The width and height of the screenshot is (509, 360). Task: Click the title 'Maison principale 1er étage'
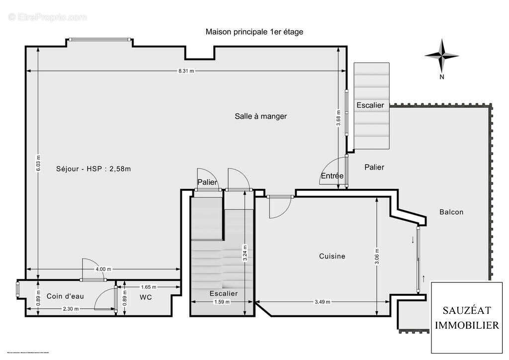[254, 31]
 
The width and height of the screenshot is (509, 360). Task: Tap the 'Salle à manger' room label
[260, 116]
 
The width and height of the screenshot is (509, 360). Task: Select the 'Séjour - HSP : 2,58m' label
[93, 169]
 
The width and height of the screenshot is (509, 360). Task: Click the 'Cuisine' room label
[332, 256]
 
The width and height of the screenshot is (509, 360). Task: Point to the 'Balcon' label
[451, 212]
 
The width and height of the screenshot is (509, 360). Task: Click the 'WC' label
[146, 297]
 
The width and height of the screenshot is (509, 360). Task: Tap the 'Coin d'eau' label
[65, 296]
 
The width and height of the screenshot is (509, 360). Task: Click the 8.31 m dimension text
[186, 71]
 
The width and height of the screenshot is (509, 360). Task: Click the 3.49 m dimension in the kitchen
[322, 302]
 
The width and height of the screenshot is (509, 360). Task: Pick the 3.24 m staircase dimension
[245, 253]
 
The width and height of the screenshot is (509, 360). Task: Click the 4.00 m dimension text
[103, 269]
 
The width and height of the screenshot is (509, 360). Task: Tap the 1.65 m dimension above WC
[148, 287]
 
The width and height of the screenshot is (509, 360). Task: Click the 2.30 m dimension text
[71, 309]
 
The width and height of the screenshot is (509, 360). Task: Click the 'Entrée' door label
[332, 176]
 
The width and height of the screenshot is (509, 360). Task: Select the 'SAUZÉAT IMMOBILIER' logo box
[467, 317]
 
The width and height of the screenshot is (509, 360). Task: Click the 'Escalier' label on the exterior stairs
[370, 105]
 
